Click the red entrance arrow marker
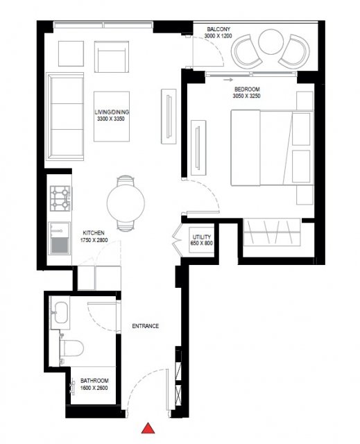148,429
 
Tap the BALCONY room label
218,29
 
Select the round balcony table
271,42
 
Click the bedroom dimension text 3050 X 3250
246,96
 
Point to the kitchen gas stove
60,198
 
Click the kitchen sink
60,238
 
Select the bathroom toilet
71,348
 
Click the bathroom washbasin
60,313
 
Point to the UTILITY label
202,237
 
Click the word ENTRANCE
146,326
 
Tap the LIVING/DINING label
112,112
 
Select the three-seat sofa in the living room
65,117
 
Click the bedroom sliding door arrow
228,80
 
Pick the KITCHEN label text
94,233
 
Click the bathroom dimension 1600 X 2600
94,388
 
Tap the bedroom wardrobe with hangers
272,232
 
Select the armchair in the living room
112,57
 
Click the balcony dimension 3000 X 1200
218,36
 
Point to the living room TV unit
169,117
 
